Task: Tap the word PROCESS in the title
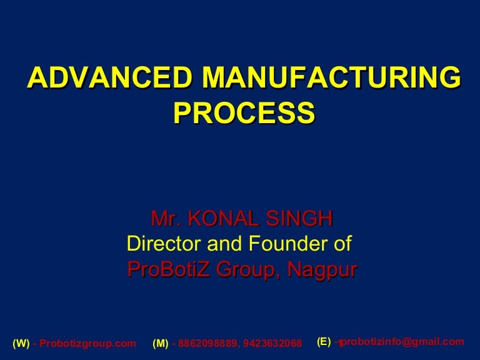point(244,113)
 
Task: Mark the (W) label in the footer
point(21,344)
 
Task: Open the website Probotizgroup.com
point(87,344)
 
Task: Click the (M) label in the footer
point(161,344)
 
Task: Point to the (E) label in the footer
point(324,341)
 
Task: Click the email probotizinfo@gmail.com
point(404,341)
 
